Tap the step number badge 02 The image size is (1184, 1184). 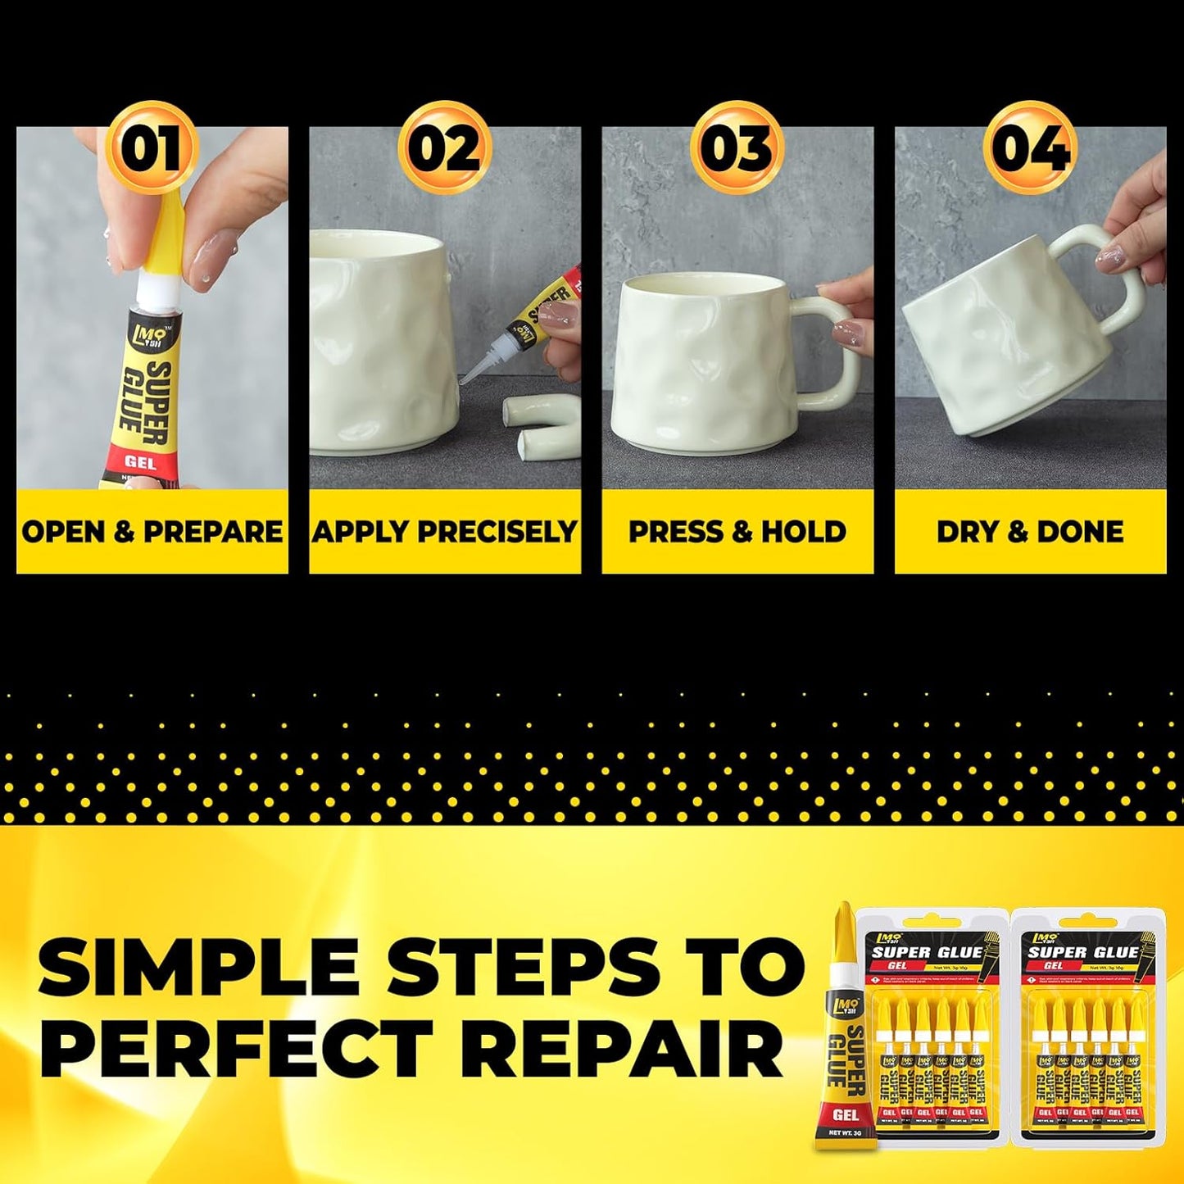pos(445,147)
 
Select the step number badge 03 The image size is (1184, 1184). pos(737,147)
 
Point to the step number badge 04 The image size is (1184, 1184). pos(1030,147)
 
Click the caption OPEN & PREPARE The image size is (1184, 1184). pos(152,532)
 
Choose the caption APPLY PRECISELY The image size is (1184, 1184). pos(445,532)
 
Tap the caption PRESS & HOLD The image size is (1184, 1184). pos(737,532)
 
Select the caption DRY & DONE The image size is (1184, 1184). pos(1030,532)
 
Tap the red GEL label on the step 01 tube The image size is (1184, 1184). pos(141,462)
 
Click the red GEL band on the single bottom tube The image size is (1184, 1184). pos(845,1114)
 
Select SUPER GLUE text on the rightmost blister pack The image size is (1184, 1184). pos(1083,951)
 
